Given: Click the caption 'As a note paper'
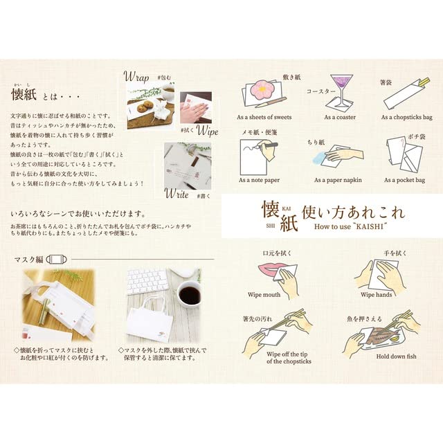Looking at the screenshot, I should pyautogui.click(x=259, y=180).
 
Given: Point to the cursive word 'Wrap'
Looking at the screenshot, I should pyautogui.click(x=136, y=75).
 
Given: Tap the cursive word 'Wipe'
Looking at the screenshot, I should pyautogui.click(x=207, y=130).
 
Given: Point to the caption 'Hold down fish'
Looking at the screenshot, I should pyautogui.click(x=377, y=357).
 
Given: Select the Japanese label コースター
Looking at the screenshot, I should pyautogui.click(x=320, y=91).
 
